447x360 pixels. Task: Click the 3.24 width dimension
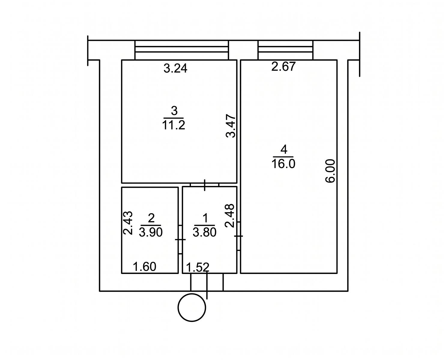[x=175, y=68]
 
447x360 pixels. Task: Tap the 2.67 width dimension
[x=283, y=67]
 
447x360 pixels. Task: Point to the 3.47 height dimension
[x=231, y=126]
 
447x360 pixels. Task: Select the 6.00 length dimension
[x=330, y=171]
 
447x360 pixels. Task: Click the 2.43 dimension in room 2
[x=128, y=223]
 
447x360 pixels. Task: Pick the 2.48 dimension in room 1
[x=230, y=216]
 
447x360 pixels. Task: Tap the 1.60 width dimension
[x=144, y=267]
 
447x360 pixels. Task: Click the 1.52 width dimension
[x=198, y=267]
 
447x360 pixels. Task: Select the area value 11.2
[x=174, y=125]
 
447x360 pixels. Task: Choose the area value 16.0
[x=283, y=164]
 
